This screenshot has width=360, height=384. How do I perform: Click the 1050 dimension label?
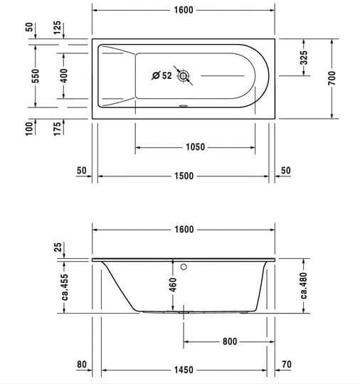[195, 147]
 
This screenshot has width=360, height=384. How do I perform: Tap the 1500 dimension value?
[184, 176]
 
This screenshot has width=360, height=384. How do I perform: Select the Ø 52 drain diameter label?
[162, 75]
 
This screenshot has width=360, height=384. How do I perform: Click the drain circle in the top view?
[183, 76]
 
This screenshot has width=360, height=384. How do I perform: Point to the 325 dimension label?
[304, 58]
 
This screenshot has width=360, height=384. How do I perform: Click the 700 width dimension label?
[332, 78]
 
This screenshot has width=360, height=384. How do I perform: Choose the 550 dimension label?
[36, 76]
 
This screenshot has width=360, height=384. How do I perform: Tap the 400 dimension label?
[64, 75]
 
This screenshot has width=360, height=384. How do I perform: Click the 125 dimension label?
[57, 28]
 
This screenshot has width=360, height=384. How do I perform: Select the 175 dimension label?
[57, 129]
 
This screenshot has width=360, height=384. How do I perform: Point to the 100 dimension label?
[29, 129]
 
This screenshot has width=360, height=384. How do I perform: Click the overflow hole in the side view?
[184, 267]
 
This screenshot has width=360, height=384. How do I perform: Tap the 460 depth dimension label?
[173, 285]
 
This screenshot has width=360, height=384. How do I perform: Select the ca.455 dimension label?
[65, 287]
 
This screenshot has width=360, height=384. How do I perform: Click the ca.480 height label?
[304, 286]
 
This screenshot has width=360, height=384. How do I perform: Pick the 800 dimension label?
[230, 341]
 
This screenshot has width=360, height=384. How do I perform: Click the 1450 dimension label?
[184, 370]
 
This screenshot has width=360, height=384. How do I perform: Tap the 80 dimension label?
[82, 364]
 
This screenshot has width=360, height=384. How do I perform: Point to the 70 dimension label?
[287, 364]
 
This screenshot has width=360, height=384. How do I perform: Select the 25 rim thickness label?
[58, 247]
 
